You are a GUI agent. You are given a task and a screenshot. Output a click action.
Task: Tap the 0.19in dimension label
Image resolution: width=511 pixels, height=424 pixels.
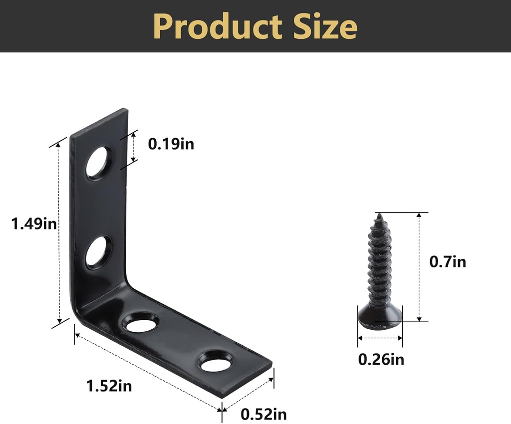tap(171, 144)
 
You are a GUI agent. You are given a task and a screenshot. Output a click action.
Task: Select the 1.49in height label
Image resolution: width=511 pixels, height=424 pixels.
tap(34, 224)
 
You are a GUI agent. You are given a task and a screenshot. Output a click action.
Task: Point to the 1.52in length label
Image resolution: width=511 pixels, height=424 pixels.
tap(109, 386)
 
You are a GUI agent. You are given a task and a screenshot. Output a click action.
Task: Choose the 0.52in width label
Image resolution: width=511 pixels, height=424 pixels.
tap(263, 414)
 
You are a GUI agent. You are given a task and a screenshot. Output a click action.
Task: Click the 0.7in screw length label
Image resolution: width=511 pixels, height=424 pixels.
tap(448, 261)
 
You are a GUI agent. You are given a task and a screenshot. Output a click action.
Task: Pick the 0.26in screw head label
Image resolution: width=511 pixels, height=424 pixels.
tap(381, 359)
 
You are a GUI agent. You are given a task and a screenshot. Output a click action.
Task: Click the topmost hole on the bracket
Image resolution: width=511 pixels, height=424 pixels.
tap(98, 163)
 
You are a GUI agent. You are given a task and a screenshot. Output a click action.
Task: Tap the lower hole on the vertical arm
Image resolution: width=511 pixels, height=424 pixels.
tap(98, 252)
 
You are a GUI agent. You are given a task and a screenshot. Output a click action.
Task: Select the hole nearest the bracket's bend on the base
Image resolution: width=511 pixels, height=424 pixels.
tap(141, 324)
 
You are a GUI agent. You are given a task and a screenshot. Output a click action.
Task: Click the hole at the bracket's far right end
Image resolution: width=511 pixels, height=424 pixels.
tap(216, 363)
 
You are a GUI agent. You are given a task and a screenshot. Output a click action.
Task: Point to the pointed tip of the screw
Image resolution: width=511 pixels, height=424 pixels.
tap(380, 215)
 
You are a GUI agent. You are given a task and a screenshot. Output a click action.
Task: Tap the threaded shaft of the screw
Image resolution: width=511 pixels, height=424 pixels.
tap(380, 264)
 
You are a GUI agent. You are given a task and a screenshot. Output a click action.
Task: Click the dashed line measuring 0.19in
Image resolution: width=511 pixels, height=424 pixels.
tap(133, 147)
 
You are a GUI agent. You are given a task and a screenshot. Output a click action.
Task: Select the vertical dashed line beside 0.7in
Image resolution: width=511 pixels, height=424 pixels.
tap(419, 267)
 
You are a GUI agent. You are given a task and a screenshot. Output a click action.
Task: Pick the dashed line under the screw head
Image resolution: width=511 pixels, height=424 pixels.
tap(380, 338)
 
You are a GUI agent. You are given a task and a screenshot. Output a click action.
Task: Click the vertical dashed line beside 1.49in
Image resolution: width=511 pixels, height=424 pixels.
tap(59, 233)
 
